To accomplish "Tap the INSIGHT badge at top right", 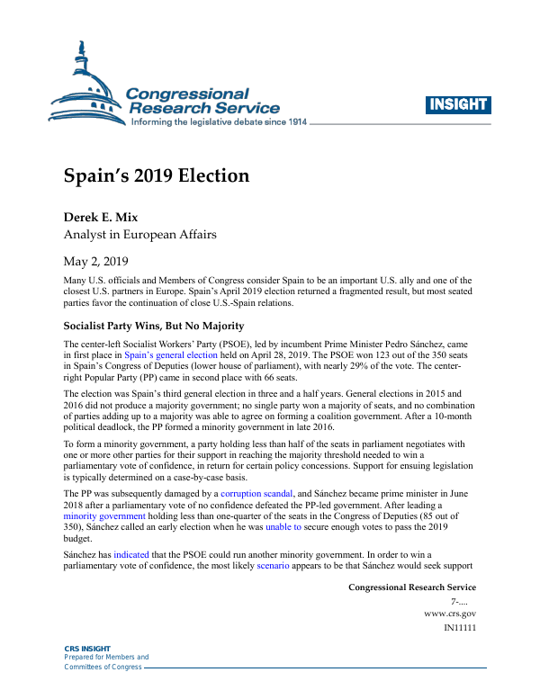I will tap(457, 104).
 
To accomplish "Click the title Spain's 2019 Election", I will tap(157, 175).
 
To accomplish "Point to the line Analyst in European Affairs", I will tap(140, 235).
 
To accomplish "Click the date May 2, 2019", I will tap(96, 262).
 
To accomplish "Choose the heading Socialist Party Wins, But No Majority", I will tap(155, 325).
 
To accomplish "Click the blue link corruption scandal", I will tap(256, 494).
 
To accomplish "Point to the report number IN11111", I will tap(460, 627).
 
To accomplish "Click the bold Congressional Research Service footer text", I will tap(411, 587).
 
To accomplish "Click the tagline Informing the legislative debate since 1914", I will tap(220, 121).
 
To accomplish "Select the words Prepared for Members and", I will tap(106, 658).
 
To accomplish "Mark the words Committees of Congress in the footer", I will tap(102, 667).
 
